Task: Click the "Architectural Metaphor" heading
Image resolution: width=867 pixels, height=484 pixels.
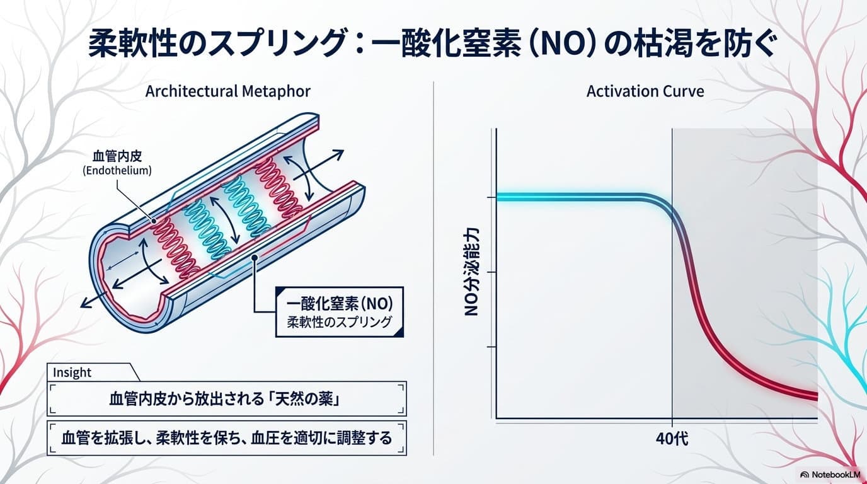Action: click(x=228, y=92)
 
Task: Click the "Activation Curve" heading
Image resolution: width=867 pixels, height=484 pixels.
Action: click(x=645, y=91)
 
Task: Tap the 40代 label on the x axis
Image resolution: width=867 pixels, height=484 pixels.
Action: click(x=672, y=439)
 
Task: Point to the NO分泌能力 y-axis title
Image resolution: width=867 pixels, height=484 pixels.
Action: click(x=471, y=272)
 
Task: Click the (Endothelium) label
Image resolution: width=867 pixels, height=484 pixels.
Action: click(x=117, y=170)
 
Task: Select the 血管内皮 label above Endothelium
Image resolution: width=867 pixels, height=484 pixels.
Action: click(x=117, y=156)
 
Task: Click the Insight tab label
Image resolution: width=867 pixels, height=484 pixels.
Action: click(x=72, y=372)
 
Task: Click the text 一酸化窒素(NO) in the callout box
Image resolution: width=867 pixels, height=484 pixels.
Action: click(x=340, y=304)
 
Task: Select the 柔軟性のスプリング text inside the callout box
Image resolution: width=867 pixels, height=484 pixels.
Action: click(x=340, y=322)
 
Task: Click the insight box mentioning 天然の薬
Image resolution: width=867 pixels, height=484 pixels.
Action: click(x=226, y=399)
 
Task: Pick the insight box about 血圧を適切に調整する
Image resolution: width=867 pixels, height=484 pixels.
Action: click(x=226, y=438)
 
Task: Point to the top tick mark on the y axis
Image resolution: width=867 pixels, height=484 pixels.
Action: click(x=492, y=197)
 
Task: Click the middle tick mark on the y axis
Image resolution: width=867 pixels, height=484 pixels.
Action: click(x=492, y=272)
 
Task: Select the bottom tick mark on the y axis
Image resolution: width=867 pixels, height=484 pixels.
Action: click(x=492, y=347)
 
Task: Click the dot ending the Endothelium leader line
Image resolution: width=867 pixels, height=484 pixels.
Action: click(x=154, y=221)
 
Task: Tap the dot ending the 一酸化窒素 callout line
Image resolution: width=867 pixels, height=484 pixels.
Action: click(x=255, y=257)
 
